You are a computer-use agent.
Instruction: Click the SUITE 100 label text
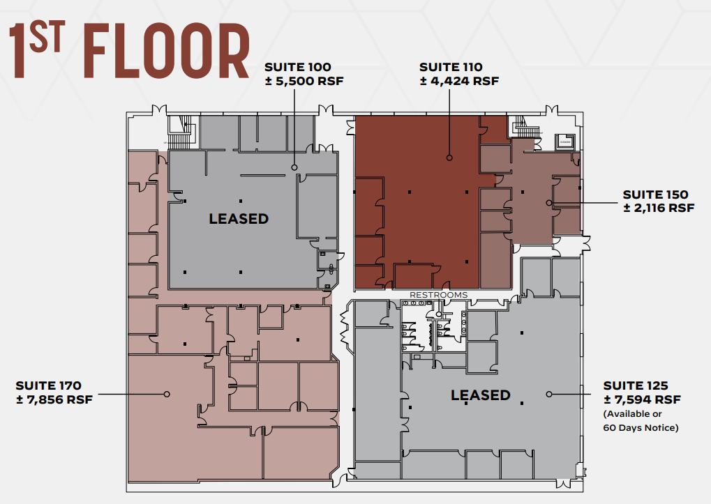(297, 68)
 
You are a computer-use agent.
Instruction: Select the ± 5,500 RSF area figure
(304, 81)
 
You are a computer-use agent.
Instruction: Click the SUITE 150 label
(655, 194)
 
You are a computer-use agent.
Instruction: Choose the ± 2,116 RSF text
(658, 208)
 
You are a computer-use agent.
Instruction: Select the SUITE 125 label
(636, 385)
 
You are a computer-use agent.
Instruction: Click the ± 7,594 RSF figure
(641, 399)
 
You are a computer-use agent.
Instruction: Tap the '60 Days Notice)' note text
(641, 427)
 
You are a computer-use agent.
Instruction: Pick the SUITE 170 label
(49, 385)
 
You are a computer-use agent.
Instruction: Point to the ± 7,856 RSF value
(54, 399)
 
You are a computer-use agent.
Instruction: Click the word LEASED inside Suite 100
(239, 219)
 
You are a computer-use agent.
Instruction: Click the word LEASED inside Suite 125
(480, 395)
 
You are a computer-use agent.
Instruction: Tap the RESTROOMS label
(438, 295)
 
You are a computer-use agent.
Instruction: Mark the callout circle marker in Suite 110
(449, 158)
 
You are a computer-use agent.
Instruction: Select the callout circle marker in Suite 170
(167, 394)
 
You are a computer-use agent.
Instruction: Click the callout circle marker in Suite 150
(549, 203)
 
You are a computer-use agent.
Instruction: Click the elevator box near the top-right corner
(564, 142)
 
